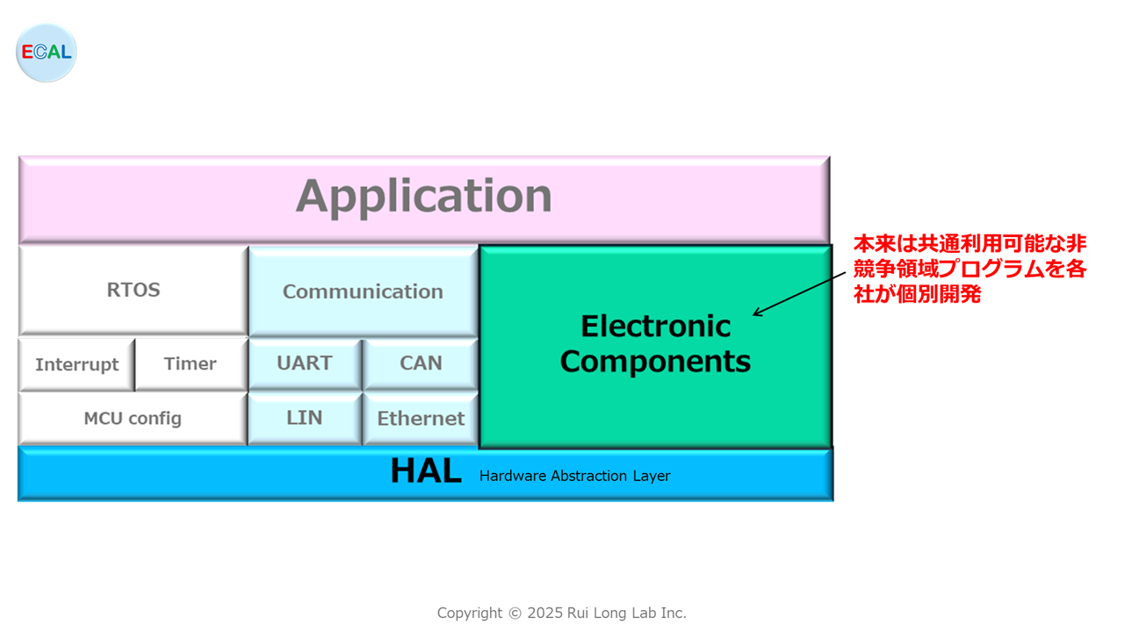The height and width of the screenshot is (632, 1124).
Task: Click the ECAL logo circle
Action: point(47,52)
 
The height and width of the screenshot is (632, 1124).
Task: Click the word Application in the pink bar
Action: point(424,197)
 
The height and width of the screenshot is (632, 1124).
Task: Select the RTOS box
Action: point(133,291)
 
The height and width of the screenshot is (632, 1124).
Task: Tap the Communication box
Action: point(364,291)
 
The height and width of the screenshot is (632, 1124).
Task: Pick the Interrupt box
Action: point(76,364)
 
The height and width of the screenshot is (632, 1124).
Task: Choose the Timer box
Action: point(191,364)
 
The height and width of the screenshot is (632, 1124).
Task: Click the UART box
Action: point(305,364)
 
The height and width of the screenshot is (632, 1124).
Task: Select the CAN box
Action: point(421,364)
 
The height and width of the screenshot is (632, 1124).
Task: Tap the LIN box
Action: point(305,419)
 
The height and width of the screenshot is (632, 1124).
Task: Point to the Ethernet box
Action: point(421,419)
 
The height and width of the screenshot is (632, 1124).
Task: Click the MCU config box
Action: point(133,419)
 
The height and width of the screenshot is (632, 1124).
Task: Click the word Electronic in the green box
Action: point(656,327)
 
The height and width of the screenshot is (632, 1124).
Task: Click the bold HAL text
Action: point(426,471)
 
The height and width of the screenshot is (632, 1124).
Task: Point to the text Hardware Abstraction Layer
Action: point(574,476)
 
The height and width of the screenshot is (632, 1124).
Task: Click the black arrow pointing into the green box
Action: point(799,294)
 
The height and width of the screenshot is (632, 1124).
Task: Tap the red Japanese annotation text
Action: point(969,269)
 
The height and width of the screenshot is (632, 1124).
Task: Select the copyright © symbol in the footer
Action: point(515,614)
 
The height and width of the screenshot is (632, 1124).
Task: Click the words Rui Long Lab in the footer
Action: point(612,613)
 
